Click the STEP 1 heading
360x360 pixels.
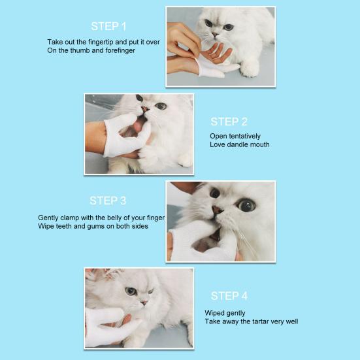pyautogui.click(x=108, y=26)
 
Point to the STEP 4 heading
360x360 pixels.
pyautogui.click(x=229, y=296)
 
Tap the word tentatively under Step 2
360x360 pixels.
pyautogui.click(x=247, y=136)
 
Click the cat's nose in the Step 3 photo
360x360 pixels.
pyautogui.click(x=216, y=210)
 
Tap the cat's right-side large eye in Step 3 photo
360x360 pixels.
pyautogui.click(x=246, y=205)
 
